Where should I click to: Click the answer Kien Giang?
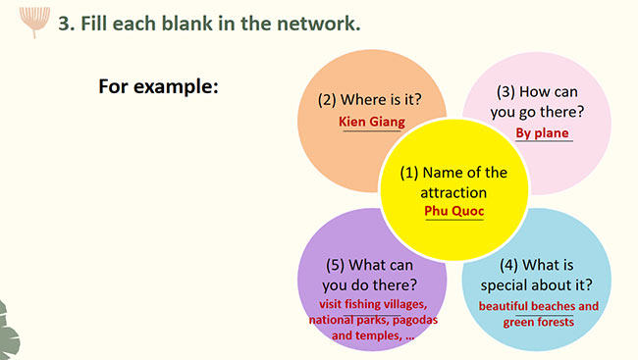[371, 122]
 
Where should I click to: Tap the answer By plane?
[542, 132]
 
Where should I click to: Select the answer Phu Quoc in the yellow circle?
[453, 210]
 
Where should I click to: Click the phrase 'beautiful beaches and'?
[538, 306]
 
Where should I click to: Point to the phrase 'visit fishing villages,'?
[372, 304]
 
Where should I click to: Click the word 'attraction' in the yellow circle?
[453, 191]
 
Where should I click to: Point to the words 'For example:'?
[157, 86]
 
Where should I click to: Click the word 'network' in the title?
[318, 24]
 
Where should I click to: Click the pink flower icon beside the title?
[34, 19]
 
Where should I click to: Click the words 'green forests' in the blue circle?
[538, 322]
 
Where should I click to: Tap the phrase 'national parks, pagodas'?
[372, 320]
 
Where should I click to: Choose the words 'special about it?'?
[538, 285]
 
